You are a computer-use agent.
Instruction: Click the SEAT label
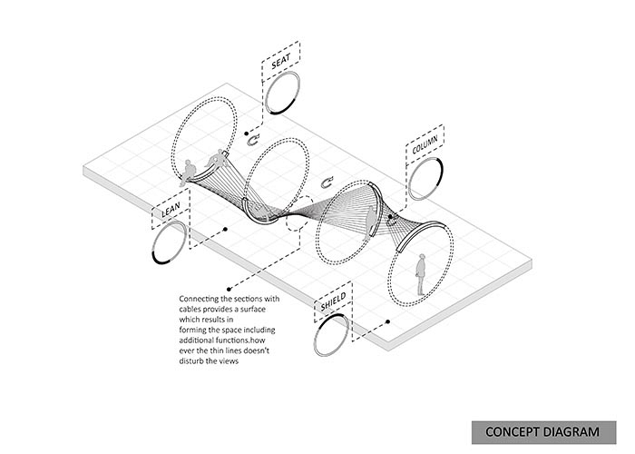(280, 61)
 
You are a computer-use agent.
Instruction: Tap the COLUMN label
(425, 144)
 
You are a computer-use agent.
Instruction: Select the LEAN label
(171, 211)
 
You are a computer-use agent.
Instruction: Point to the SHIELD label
(333, 301)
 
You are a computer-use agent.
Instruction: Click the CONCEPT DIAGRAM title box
(543, 432)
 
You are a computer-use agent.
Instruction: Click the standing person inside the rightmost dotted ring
(421, 274)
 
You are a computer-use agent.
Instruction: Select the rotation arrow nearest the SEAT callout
(254, 141)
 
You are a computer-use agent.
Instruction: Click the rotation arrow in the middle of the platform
(327, 183)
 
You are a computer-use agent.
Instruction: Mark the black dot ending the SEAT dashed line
(246, 133)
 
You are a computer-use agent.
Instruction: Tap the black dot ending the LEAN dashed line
(225, 230)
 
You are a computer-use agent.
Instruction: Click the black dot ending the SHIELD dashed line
(387, 321)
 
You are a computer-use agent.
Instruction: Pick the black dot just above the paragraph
(229, 290)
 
